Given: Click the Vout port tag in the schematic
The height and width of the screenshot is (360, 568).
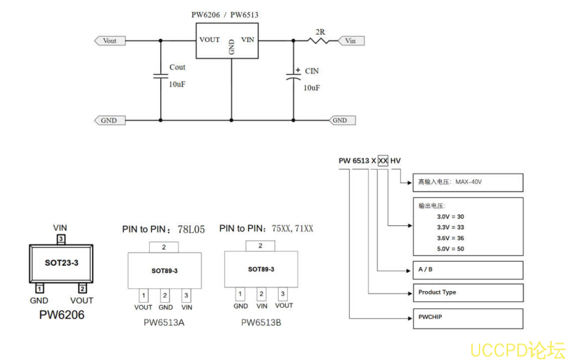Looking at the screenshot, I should tap(108, 40).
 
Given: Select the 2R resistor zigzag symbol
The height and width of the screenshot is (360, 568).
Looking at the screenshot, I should tap(319, 40).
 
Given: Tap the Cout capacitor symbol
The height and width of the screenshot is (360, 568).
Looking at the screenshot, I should tap(160, 76).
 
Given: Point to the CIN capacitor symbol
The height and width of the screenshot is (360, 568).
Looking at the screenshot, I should tap(293, 78).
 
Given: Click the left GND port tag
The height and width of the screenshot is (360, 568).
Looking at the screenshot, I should tap(107, 120).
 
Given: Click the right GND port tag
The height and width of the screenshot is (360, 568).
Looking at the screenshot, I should tap(341, 120).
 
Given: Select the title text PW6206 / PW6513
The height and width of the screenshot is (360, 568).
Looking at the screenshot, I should tap(226, 15).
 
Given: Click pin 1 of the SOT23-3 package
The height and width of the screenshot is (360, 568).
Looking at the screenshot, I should tap(40, 288).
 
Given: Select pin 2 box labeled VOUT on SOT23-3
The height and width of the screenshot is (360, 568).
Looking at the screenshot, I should tap(82, 288).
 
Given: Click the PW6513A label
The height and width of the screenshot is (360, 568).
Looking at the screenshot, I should tap(164, 322).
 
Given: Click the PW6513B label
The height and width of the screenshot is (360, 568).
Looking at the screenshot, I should tap(261, 322).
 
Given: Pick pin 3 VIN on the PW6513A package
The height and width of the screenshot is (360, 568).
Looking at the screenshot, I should tap(186, 296).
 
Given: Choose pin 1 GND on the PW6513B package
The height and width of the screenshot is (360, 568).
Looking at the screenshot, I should tap(240, 294).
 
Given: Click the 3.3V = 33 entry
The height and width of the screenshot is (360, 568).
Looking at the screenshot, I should tap(450, 227).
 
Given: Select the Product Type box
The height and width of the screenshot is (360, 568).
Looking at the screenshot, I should tap(467, 292).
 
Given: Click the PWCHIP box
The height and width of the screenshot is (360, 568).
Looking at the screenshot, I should tap(467, 317).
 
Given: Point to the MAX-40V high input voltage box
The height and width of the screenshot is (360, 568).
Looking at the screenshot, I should tap(467, 181).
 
